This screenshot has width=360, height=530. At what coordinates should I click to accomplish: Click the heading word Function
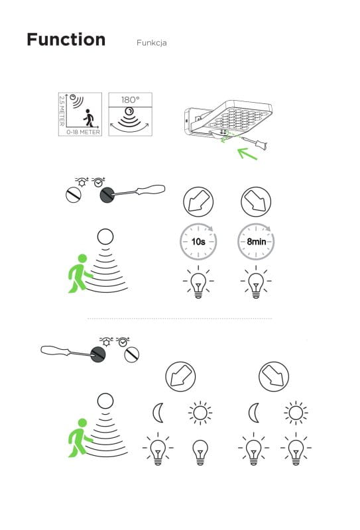point(66,39)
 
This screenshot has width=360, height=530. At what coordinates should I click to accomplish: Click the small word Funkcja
point(151,43)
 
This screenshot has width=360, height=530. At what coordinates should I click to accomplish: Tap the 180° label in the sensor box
point(130,100)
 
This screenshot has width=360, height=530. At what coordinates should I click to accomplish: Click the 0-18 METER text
point(84,132)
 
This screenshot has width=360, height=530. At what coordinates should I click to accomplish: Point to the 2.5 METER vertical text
point(62,111)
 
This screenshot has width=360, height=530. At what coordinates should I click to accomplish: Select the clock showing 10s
point(198,242)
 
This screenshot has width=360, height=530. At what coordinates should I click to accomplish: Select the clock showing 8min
point(256,242)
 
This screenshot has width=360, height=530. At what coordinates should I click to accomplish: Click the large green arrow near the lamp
point(248,154)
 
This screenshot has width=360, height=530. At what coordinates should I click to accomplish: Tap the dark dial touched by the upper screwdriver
point(108,195)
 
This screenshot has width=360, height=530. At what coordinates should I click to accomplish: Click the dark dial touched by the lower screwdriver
point(98,354)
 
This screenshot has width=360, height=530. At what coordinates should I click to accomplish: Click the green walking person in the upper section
point(80,274)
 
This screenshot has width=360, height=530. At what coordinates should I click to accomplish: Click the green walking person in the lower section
point(80,438)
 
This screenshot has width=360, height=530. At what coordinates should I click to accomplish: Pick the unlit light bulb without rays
point(200,452)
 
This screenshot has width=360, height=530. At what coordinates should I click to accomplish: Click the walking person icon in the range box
point(88,118)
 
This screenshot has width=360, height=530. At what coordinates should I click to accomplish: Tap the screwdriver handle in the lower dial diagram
point(55,350)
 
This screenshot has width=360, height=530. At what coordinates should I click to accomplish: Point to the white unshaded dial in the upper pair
point(74,195)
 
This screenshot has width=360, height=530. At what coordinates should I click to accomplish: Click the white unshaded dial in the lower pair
point(132,354)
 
